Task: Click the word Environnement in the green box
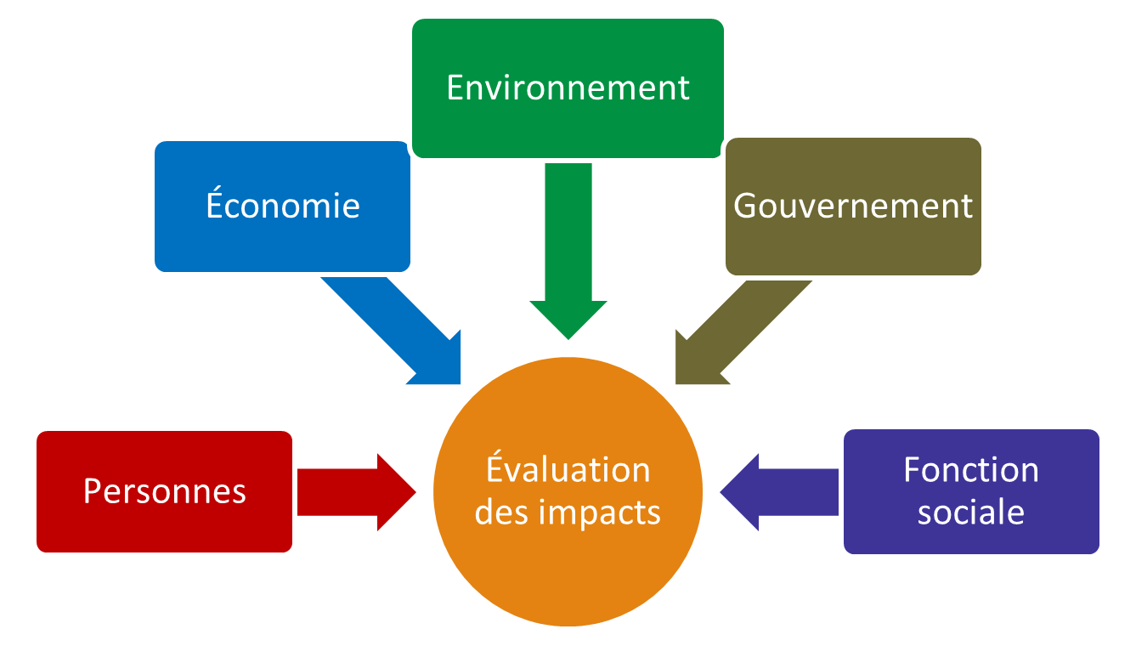click(x=568, y=88)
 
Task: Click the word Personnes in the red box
click(x=165, y=491)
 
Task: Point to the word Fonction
click(x=971, y=470)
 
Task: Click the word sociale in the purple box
click(x=971, y=512)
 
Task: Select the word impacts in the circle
click(x=600, y=513)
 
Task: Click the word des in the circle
click(x=502, y=512)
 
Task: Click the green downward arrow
click(x=568, y=252)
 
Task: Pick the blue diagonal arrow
click(x=391, y=331)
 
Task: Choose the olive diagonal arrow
click(x=744, y=332)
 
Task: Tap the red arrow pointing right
click(x=357, y=492)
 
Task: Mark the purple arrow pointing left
click(x=779, y=492)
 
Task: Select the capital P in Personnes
click(x=93, y=491)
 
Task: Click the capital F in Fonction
click(x=912, y=470)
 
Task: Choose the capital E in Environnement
click(x=455, y=88)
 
